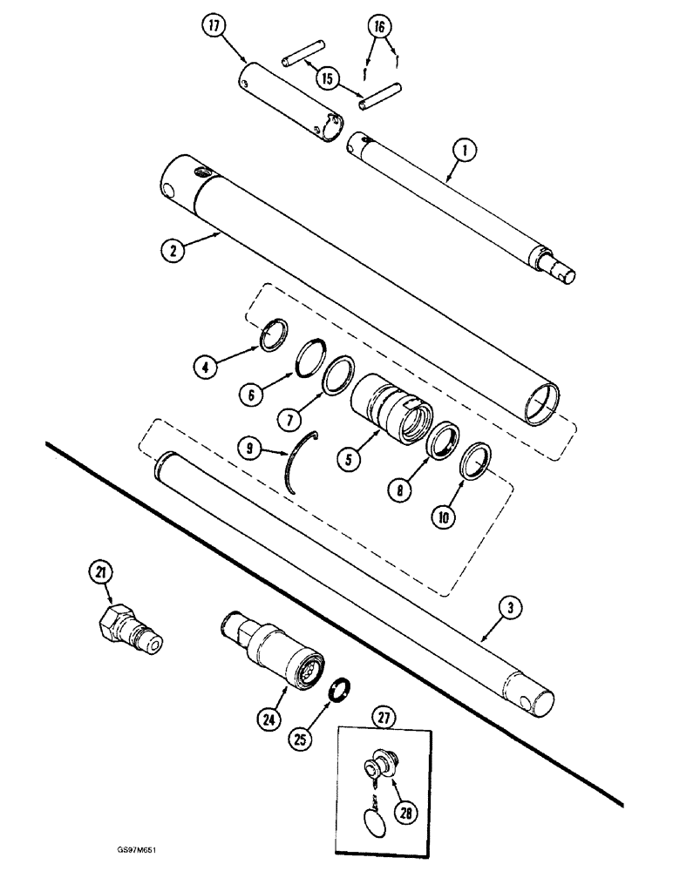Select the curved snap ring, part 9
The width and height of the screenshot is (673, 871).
(x=299, y=466)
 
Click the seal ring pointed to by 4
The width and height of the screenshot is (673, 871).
(x=275, y=334)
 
